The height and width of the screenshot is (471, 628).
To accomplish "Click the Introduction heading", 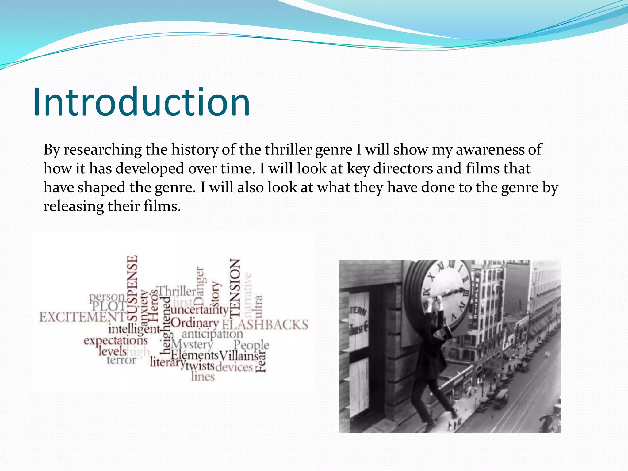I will (141, 102).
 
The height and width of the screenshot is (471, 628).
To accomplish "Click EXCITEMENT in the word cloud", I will (82, 317).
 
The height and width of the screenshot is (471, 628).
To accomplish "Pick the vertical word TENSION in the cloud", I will (235, 288).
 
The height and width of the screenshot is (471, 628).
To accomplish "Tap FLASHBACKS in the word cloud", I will (265, 325).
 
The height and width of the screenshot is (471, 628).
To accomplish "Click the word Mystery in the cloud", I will (192, 344).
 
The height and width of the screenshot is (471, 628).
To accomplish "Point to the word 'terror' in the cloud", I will (121, 360).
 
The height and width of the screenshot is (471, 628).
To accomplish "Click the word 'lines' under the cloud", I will (203, 377).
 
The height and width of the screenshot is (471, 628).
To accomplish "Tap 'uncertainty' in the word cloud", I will (200, 310).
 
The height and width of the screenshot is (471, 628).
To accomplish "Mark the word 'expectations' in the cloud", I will (116, 341).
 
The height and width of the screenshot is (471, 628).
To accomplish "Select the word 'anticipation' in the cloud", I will (212, 334).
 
